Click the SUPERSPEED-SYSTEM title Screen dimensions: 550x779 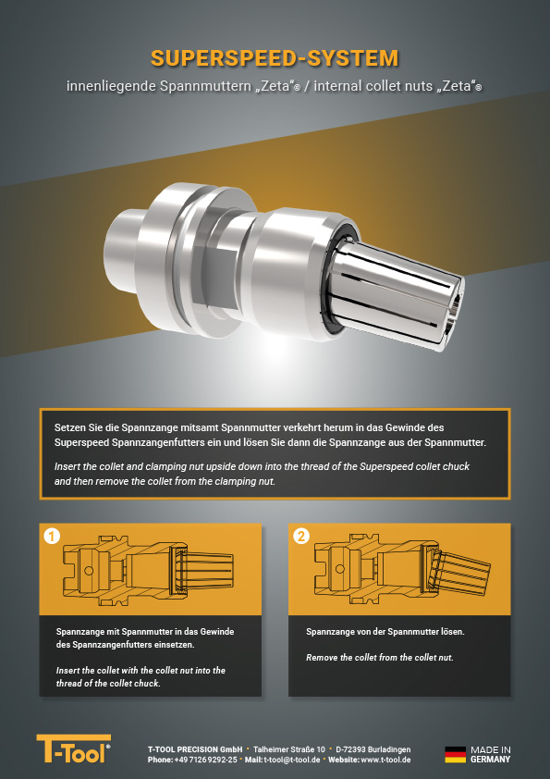(x=275, y=58)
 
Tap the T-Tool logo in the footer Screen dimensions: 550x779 (x=73, y=748)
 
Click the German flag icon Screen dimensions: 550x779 (x=455, y=755)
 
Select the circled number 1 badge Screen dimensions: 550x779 (x=52, y=537)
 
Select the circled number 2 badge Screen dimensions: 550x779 (x=301, y=537)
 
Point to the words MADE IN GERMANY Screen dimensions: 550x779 (x=491, y=755)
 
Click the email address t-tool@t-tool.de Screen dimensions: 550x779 (x=292, y=760)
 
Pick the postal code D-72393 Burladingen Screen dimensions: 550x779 (x=373, y=749)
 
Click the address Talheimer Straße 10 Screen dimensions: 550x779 (x=289, y=749)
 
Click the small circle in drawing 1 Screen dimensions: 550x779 (x=89, y=570)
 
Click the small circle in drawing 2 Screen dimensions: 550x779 (x=340, y=569)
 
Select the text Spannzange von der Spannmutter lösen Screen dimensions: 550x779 (x=385, y=632)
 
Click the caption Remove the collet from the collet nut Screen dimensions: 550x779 (x=380, y=657)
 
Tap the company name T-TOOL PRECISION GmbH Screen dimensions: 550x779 (x=195, y=749)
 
